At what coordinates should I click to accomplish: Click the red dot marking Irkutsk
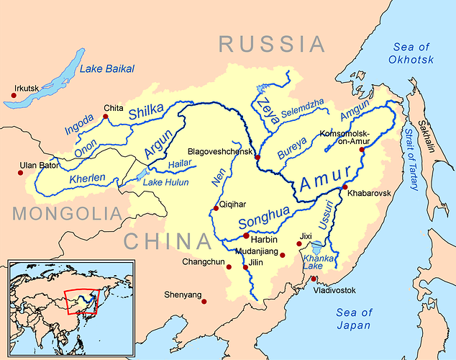(x=14, y=93)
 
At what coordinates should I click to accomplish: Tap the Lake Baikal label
(x=107, y=69)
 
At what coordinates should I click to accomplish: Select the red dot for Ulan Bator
(x=20, y=172)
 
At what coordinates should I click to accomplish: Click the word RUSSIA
(x=272, y=45)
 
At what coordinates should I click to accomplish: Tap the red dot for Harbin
(x=247, y=235)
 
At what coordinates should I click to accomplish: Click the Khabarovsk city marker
(x=345, y=187)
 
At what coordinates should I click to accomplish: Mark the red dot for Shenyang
(x=204, y=301)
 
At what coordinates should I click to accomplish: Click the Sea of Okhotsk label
(x=414, y=54)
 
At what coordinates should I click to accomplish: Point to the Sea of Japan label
(x=355, y=319)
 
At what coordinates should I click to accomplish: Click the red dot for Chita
(x=105, y=116)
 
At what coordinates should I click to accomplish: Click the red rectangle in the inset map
(x=81, y=302)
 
